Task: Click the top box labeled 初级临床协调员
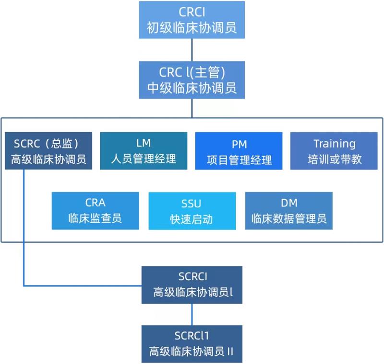click(192, 20)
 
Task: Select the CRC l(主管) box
click(192, 80)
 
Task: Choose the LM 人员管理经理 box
click(143, 151)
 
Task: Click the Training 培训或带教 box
click(334, 151)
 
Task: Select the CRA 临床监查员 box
click(95, 211)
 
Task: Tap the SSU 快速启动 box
click(192, 211)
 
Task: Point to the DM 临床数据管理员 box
click(288, 211)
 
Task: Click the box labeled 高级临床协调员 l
click(192, 285)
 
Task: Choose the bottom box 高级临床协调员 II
click(192, 344)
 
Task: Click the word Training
click(334, 144)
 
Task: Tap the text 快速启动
click(192, 219)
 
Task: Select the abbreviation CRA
click(95, 204)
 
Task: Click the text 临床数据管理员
click(288, 219)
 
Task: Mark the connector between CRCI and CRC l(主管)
click(192, 50)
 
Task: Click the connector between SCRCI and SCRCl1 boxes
click(192, 314)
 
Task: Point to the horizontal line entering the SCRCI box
click(82, 286)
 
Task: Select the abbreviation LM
click(143, 143)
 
